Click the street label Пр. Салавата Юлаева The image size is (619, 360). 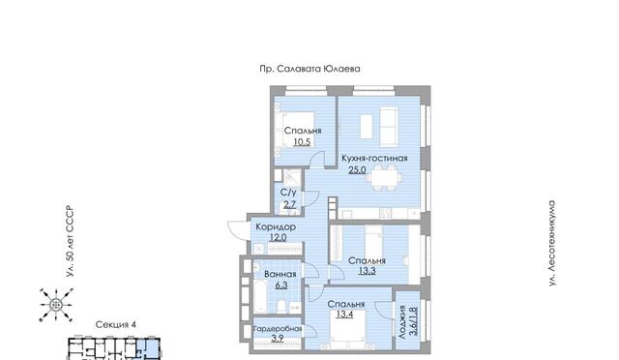click(309, 69)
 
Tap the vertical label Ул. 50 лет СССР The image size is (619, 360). click(70, 241)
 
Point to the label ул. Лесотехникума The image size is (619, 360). click(552, 244)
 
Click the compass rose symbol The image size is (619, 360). click(56, 305)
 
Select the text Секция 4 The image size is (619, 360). click(116, 325)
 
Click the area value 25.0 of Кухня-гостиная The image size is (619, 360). click(357, 170)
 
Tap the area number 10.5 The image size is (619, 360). click(302, 142)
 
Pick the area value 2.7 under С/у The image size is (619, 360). click(289, 205)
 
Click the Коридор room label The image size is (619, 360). click(276, 227)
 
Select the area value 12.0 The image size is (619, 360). click(278, 237)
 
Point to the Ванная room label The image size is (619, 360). click(280, 274)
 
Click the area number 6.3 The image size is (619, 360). click(281, 285)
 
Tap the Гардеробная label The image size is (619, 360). click(278, 329)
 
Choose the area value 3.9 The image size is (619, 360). click(278, 339)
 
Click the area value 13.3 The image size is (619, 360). click(367, 271)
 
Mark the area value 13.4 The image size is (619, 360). click(344, 315)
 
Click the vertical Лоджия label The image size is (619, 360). click(402, 321)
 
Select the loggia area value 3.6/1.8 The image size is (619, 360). click(413, 321)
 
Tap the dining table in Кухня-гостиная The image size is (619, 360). click(385, 178)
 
